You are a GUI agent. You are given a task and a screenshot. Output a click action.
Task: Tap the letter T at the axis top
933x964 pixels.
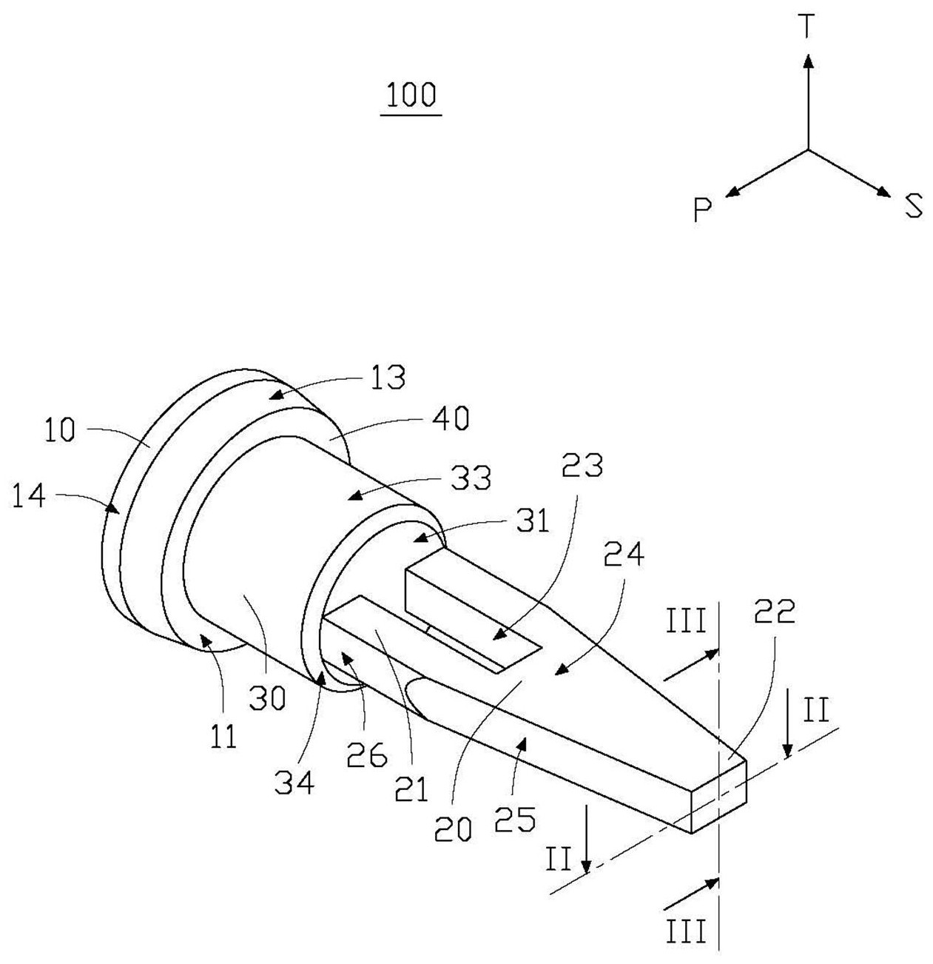807,26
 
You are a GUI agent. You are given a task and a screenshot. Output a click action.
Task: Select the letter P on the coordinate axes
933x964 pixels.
702,210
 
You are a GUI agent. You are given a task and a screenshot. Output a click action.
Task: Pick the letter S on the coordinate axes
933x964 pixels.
913,206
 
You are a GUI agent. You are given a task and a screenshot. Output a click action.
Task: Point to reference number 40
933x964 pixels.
450,418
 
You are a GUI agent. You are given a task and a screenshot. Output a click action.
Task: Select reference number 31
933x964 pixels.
533,521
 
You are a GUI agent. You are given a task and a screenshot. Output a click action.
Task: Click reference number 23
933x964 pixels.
583,465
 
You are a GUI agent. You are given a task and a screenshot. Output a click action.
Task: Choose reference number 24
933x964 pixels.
624,554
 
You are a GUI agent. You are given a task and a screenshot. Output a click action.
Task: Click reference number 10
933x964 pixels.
60,429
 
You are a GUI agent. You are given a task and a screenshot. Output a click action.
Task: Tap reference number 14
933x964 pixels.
29,495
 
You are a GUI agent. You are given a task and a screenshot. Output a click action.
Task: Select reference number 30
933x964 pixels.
267,697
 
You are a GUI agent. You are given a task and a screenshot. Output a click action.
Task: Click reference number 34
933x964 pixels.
294,782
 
